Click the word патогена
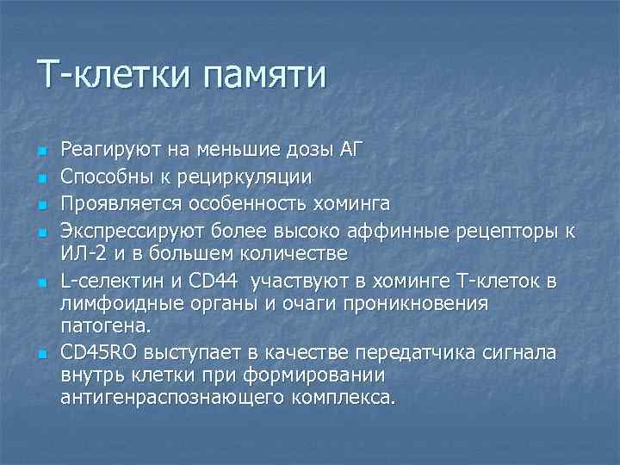(x=104, y=326)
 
